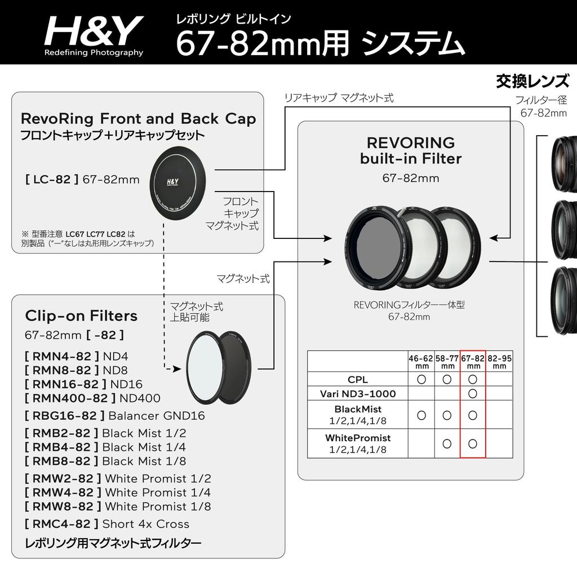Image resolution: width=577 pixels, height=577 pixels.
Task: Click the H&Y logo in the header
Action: pos(94,34)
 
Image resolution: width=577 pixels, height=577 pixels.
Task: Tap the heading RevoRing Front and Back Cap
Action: pos(138,119)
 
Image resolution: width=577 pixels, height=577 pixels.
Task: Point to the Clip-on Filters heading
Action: pos(81,316)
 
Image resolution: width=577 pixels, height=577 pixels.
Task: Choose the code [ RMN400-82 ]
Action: pos(68,398)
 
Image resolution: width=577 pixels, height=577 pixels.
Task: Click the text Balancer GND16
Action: pos(156,416)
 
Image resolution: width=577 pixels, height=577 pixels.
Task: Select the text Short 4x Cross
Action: pos(145,523)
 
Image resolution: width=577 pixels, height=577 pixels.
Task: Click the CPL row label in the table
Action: pos(358,379)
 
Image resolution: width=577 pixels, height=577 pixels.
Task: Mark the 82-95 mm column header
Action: pos(499,361)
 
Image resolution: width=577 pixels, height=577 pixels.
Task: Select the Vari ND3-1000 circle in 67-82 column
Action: pos(473,393)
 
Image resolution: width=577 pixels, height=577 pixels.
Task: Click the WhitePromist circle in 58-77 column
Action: pos(447,443)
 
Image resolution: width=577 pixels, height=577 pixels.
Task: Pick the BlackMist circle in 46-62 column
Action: pos(421,415)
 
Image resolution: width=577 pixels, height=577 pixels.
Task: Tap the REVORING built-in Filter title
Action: pos(410,150)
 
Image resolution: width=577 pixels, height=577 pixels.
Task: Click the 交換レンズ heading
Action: pos(532,82)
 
